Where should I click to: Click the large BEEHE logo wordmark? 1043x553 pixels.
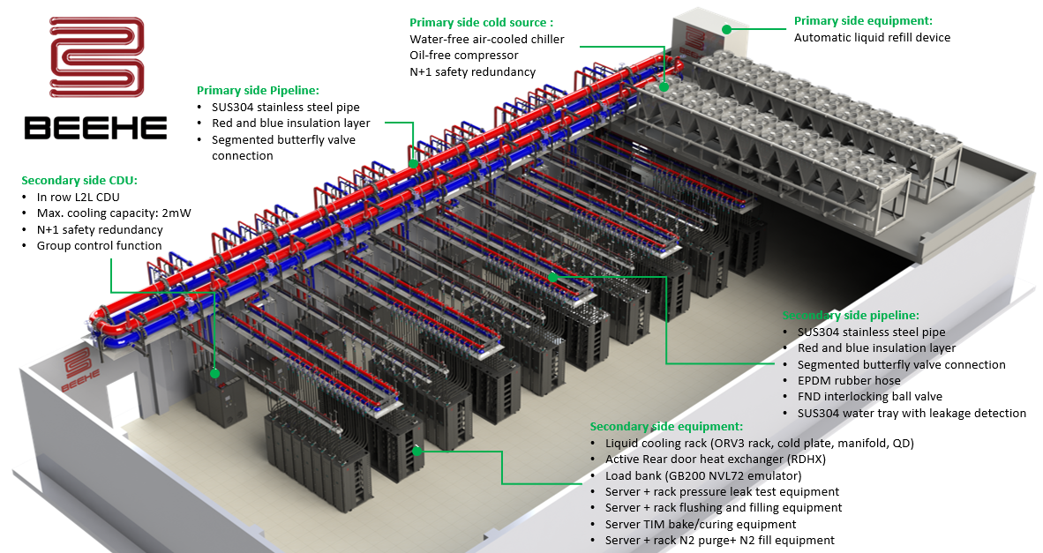point(95,129)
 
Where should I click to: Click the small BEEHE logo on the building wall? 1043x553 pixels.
point(76,369)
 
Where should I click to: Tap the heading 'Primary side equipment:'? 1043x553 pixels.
point(863,20)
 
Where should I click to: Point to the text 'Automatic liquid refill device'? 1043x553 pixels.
point(872,38)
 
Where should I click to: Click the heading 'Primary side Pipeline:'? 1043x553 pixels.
point(258,90)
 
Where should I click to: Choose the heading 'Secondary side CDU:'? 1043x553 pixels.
point(79,180)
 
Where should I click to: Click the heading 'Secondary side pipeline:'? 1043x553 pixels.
point(851,315)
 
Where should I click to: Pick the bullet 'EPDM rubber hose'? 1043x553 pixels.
point(848,381)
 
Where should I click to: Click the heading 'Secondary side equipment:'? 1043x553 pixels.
point(666,426)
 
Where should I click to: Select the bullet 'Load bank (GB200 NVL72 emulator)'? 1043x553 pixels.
point(703,475)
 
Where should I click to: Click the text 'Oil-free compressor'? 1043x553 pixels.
point(464,56)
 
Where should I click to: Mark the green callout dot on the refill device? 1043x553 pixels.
point(726,29)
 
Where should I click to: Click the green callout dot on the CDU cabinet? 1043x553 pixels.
point(214,373)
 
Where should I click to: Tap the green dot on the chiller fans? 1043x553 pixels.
point(664,87)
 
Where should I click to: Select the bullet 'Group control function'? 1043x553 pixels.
point(99,246)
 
